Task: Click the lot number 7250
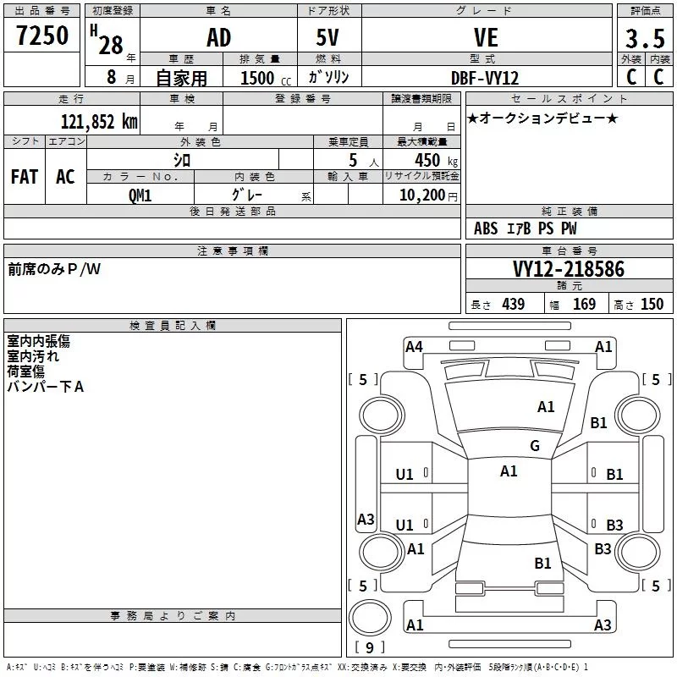42,36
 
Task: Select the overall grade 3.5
645,38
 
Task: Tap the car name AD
219,37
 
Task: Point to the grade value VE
486,37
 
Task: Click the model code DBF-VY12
484,78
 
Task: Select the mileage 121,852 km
99,122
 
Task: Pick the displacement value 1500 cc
266,78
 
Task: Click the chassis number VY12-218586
569,269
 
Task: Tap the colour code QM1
140,195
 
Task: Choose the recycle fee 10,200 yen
428,195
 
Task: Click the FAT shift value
25,177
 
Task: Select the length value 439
514,305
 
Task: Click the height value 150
652,305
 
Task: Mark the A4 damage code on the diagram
414,347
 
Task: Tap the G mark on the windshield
535,446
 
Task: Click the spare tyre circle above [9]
370,618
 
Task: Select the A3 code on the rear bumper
603,625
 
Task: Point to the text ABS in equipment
486,228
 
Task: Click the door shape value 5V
327,37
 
